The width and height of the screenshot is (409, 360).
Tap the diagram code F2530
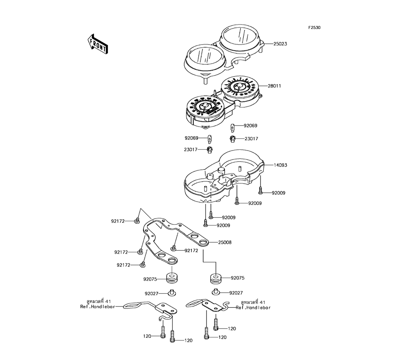point(315,28)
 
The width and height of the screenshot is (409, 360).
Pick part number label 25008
point(225,243)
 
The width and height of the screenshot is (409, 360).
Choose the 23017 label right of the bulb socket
point(251,139)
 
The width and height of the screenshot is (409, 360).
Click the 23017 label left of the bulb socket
point(191,150)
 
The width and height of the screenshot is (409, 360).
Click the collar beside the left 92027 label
point(172,293)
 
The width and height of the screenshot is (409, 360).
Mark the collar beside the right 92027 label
point(216,292)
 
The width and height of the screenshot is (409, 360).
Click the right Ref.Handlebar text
point(253,307)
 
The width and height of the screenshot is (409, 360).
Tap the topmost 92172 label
point(118,221)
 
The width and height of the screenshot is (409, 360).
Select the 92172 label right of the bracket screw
point(191,250)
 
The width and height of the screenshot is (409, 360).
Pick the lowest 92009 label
point(223,225)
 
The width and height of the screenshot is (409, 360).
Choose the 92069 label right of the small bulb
point(250,126)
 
